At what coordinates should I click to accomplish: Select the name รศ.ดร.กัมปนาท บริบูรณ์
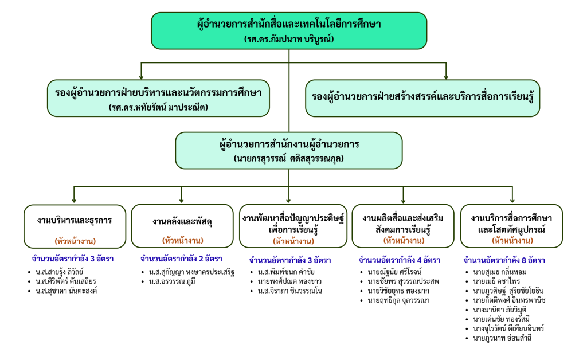click(x=289, y=40)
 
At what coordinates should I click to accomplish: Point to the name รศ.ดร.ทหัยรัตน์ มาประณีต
click(x=158, y=107)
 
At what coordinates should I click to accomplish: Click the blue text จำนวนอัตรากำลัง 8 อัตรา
click(x=497, y=260)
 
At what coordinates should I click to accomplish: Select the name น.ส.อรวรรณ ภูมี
click(x=171, y=281)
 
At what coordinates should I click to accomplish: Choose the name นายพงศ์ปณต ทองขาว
click(x=288, y=281)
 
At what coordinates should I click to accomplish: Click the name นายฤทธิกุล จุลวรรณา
click(x=396, y=300)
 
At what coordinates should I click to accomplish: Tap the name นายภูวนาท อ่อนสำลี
click(x=503, y=338)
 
